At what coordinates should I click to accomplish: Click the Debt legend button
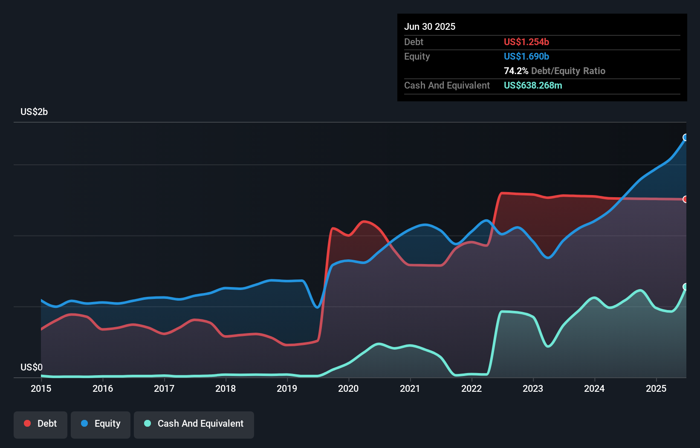point(40,424)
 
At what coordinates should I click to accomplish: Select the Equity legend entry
point(101,424)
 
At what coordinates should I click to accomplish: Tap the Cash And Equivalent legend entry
point(194,424)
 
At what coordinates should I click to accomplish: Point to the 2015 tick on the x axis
point(41,388)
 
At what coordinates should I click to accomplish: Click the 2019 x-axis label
point(287,388)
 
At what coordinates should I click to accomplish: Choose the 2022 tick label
point(471,388)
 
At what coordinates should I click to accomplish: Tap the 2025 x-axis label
point(656,388)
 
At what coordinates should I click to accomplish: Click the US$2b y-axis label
point(34,112)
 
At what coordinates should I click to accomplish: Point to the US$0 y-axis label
point(32,367)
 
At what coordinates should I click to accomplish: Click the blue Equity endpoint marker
point(686,138)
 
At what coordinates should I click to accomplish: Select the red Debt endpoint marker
point(686,199)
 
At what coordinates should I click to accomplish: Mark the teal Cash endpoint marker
point(686,287)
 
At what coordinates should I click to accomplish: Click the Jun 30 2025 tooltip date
point(430,27)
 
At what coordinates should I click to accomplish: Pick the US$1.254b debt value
point(526,42)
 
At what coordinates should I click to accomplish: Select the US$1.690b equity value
point(526,57)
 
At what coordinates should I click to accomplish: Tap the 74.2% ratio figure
point(516,71)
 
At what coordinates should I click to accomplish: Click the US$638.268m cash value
point(533,86)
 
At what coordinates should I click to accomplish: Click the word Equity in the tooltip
point(417,57)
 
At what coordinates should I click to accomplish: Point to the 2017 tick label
point(164,388)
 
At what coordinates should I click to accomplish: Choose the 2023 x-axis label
point(533,388)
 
